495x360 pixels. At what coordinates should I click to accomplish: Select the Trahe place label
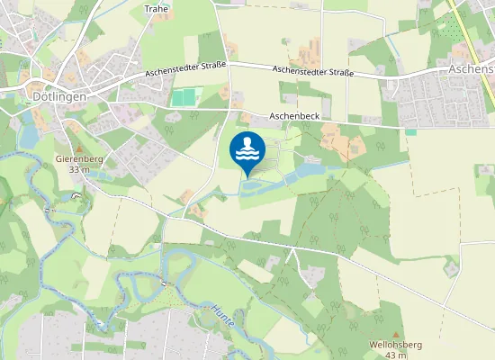point(156,9)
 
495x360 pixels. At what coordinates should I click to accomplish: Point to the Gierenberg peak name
point(80,159)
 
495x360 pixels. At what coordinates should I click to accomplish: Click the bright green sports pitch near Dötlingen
point(184,97)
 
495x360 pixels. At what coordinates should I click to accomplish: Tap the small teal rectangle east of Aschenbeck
point(410,132)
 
